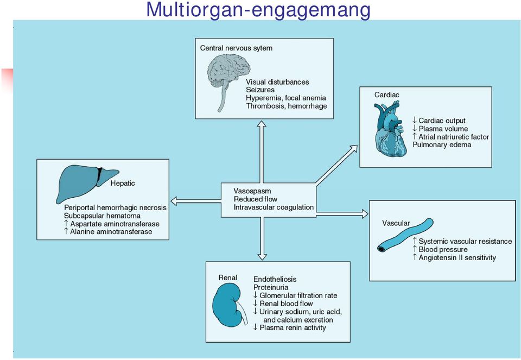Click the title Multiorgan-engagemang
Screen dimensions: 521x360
(258, 10)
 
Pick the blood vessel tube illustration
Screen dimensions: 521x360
(405, 235)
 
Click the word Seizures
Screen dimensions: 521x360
(260, 90)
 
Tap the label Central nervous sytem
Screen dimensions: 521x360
(236, 48)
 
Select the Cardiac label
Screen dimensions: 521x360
(387, 94)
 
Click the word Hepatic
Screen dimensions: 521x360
(123, 183)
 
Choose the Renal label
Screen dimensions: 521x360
(227, 277)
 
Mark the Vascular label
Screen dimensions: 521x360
(396, 223)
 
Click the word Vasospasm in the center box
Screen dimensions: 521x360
(252, 191)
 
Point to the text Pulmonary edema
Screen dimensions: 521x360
(442, 144)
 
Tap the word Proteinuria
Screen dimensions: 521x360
(271, 287)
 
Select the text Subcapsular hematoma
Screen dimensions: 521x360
(103, 216)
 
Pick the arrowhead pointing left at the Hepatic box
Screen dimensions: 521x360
(174, 201)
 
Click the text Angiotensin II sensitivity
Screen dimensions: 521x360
(457, 257)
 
